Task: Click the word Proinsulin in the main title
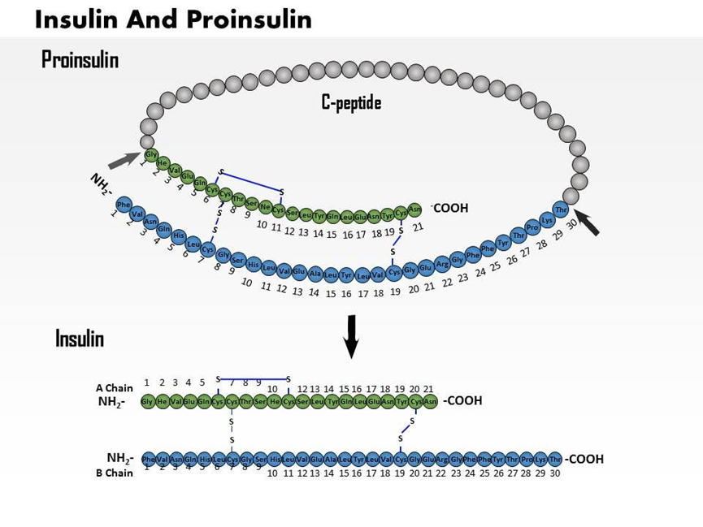coord(250,18)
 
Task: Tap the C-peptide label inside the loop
coord(350,102)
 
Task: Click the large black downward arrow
coord(350,335)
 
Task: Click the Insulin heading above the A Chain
coord(80,338)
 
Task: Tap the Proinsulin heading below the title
coord(80,59)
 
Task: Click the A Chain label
coord(114,387)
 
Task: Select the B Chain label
coord(114,473)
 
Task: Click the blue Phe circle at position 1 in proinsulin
coord(124,204)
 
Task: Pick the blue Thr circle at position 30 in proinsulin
coord(561,210)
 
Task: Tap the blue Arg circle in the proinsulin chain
coord(442,264)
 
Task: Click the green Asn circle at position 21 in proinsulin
coord(414,210)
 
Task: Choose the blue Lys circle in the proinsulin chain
coord(547,220)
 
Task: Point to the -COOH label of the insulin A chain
coord(462,400)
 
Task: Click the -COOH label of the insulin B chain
coord(584,459)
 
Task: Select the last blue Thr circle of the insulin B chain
coord(555,459)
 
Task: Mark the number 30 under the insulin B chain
coord(555,473)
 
